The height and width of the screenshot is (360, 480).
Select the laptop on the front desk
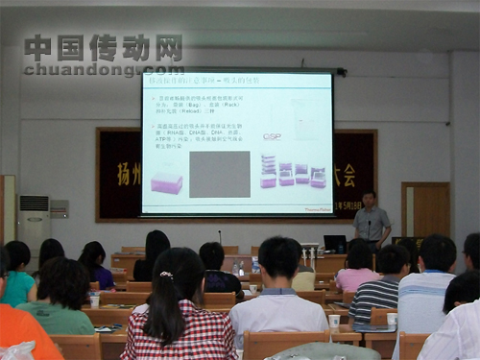point(335,244)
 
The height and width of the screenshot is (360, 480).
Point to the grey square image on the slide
point(219,173)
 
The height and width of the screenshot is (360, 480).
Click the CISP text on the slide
point(272,136)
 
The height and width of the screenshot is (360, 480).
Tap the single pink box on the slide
point(166,182)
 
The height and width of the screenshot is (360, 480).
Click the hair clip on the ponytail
point(166,276)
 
